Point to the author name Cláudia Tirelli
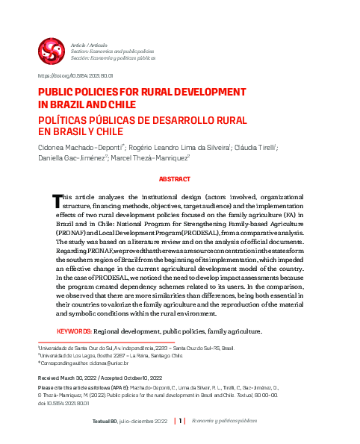(x=254, y=148)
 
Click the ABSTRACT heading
(x=180, y=180)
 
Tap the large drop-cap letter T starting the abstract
(x=56, y=201)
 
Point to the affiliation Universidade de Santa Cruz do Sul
(x=75, y=348)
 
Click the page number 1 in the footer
(x=180, y=421)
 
